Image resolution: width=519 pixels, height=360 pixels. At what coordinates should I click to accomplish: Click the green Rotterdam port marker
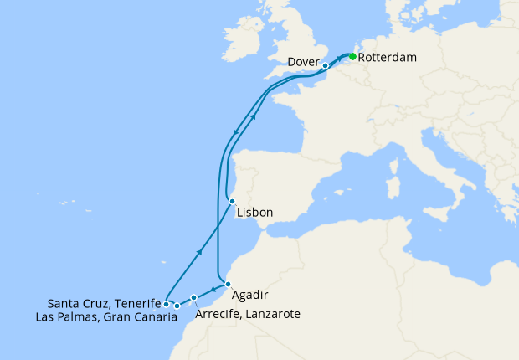[352, 57]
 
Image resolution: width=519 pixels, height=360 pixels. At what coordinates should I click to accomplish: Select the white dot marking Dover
[325, 65]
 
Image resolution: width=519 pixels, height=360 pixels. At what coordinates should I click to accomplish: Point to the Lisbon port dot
[232, 201]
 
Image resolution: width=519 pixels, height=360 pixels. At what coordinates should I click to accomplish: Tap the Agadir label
[249, 296]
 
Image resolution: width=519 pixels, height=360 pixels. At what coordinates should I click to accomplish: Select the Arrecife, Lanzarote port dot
[193, 297]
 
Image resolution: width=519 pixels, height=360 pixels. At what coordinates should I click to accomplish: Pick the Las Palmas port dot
[177, 306]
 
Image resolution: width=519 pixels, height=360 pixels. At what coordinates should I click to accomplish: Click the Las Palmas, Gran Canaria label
[106, 317]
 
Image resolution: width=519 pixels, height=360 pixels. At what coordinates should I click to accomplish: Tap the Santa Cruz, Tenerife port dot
[167, 303]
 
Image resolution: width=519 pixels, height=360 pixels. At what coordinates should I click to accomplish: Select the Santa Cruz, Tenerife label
[104, 303]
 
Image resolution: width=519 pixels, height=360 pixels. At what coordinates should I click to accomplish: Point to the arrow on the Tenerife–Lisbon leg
[199, 251]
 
